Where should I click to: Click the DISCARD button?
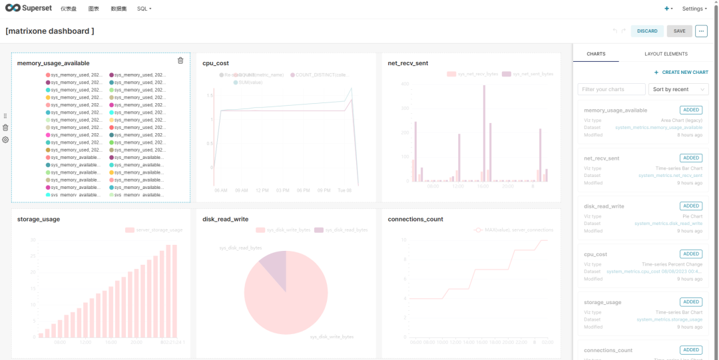pos(647,31)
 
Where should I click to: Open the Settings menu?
pos(694,9)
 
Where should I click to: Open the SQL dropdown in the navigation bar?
pos(144,9)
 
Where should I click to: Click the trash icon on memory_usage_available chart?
pos(180,61)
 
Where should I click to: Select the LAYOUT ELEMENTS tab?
pos(666,54)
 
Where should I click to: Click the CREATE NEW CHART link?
pos(681,73)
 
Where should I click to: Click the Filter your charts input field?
pos(611,89)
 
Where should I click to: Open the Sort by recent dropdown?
pos(678,89)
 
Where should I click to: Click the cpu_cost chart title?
pos(216,63)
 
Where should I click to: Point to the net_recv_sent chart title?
pos(407,63)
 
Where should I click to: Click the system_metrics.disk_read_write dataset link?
pos(668,224)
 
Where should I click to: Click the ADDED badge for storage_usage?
pos(690,302)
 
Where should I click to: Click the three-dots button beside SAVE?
pos(701,31)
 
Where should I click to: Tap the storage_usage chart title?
pos(39,219)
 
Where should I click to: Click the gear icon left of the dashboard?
pos(5,140)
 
